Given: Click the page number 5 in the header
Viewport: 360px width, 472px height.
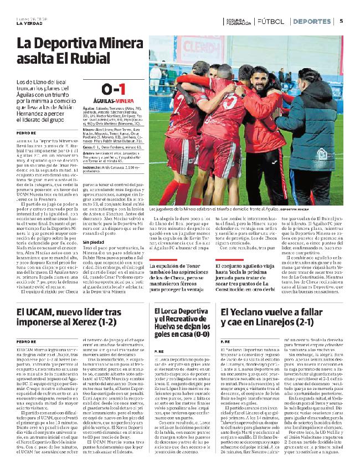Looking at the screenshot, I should [341, 22].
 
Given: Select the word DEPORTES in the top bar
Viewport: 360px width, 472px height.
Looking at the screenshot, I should [311, 22].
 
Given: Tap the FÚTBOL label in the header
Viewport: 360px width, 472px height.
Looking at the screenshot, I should [270, 22].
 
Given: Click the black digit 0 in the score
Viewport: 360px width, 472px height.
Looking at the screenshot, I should [106, 89].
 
